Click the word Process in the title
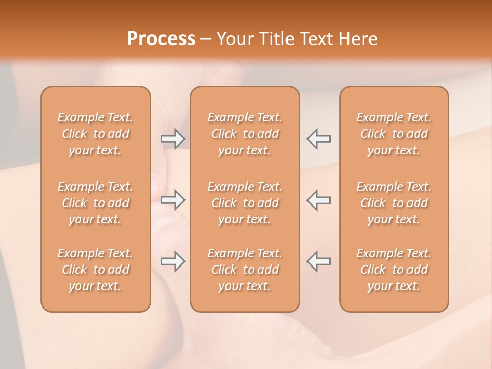coord(161,39)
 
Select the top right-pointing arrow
coord(173,139)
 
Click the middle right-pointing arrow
coord(173,200)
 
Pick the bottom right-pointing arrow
coord(173,261)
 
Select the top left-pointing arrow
coord(318,139)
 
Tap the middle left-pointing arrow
coord(318,200)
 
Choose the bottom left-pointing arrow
coord(318,261)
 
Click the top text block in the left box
coord(95,134)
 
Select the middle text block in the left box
coord(95,203)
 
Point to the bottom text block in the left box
coord(95,270)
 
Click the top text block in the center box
coord(244,134)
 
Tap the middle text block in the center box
coord(244,203)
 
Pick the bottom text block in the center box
coord(244,270)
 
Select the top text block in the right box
coord(394,134)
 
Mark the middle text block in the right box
coord(394,203)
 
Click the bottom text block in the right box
coord(394,270)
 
